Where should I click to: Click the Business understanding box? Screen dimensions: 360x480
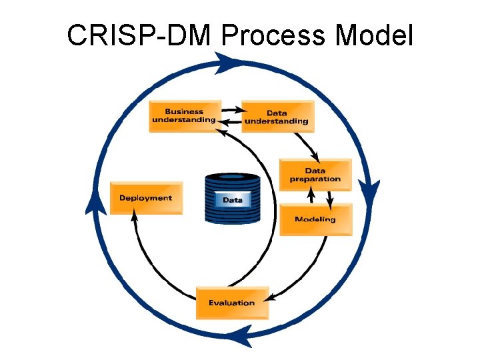184,116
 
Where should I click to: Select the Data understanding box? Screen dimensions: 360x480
277,117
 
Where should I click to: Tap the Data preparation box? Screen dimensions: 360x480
315,175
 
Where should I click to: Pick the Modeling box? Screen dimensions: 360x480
315,219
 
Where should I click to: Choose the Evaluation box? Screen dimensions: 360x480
232,303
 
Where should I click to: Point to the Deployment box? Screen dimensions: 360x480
145,198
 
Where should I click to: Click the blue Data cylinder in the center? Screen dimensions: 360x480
233,198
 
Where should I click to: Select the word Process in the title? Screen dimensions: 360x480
273,35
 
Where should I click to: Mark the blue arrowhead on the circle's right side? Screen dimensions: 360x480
370,190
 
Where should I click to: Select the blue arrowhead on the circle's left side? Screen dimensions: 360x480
95,200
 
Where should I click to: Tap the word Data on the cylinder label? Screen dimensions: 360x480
233,199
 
